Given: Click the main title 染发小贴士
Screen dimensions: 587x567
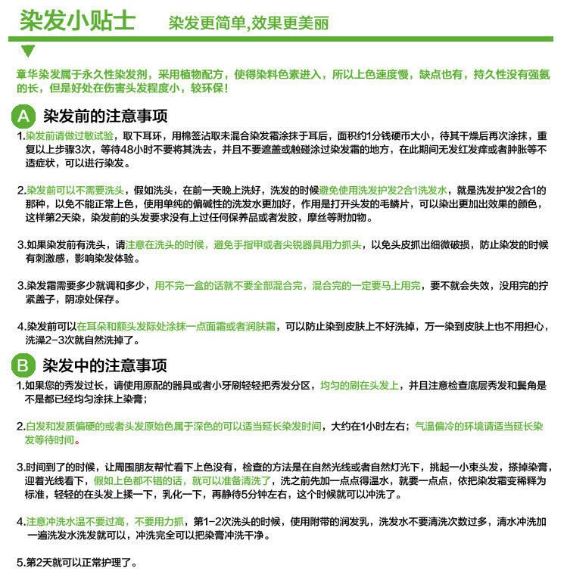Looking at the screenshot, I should pos(76,20).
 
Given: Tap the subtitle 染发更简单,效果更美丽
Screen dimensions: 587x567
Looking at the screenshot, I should pos(248,23).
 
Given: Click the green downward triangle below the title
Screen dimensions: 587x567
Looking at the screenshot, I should pos(28,51).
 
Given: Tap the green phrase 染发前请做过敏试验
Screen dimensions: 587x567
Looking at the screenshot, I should pos(70,135).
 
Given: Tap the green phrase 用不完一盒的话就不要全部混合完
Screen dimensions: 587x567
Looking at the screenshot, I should pos(229,286).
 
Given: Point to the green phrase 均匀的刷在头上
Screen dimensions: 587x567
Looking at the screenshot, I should pos(360,385).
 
